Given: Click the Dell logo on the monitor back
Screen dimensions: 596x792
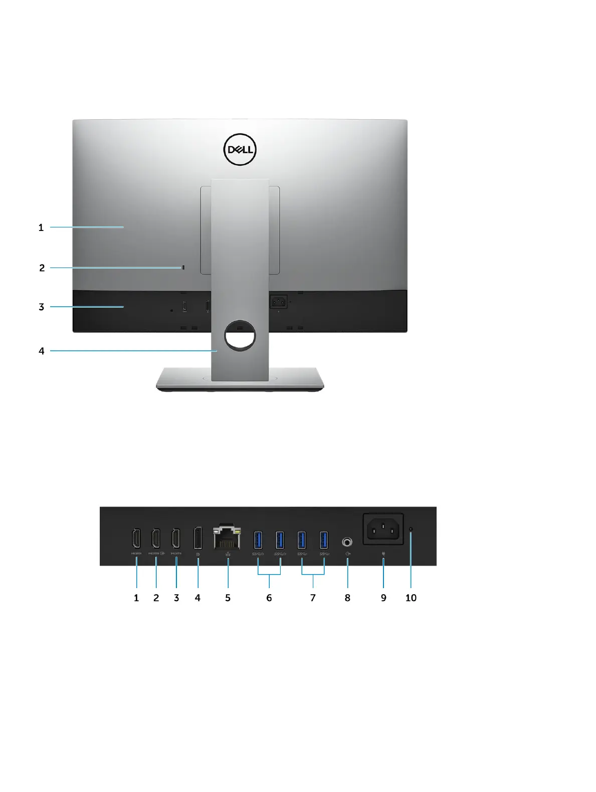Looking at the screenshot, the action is [x=240, y=149].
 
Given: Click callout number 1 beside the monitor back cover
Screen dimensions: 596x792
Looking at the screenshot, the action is [x=41, y=227].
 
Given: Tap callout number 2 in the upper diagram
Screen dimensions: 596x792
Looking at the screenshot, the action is [x=42, y=268].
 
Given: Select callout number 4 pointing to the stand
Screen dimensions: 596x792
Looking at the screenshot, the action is [x=42, y=351].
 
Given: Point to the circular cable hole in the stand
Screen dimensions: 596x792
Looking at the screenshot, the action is [x=240, y=335].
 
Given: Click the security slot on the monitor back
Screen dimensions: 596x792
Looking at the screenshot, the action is [x=183, y=268].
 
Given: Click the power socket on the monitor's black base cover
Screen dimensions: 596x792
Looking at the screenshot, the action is [x=278, y=302].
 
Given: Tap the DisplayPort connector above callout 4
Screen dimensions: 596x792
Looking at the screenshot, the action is [x=198, y=539].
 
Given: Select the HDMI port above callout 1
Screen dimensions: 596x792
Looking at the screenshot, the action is [x=136, y=539].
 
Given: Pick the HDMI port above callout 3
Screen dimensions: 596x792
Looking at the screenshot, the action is [x=176, y=539].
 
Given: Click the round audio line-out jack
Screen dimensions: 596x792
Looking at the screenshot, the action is [x=347, y=542].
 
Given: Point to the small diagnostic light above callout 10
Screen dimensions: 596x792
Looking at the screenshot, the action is [x=411, y=529].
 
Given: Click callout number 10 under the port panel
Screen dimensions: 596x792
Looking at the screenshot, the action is [x=411, y=598].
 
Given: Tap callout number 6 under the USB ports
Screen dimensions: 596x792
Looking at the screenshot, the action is [x=269, y=598].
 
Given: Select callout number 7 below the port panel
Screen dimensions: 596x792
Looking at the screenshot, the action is [x=313, y=598].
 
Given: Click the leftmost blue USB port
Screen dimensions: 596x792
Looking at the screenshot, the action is [x=258, y=540].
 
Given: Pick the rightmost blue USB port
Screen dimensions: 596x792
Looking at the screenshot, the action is [x=324, y=540].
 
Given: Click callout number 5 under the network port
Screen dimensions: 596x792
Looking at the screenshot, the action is [x=228, y=598].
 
